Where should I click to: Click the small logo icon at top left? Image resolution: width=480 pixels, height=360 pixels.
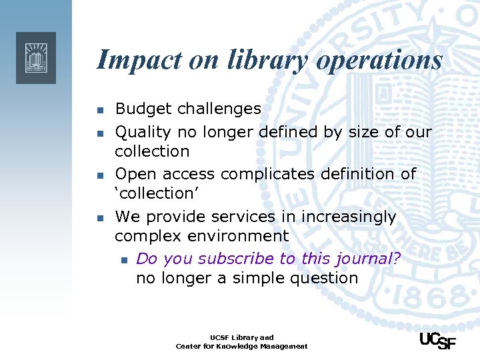coord(36,58)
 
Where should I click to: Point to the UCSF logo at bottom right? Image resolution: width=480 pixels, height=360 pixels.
coord(437,339)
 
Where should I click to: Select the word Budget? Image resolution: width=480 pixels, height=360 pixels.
coord(141,109)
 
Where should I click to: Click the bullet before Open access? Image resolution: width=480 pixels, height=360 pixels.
coord(99,175)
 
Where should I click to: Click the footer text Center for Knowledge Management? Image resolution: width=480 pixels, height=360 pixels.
coord(241,346)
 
